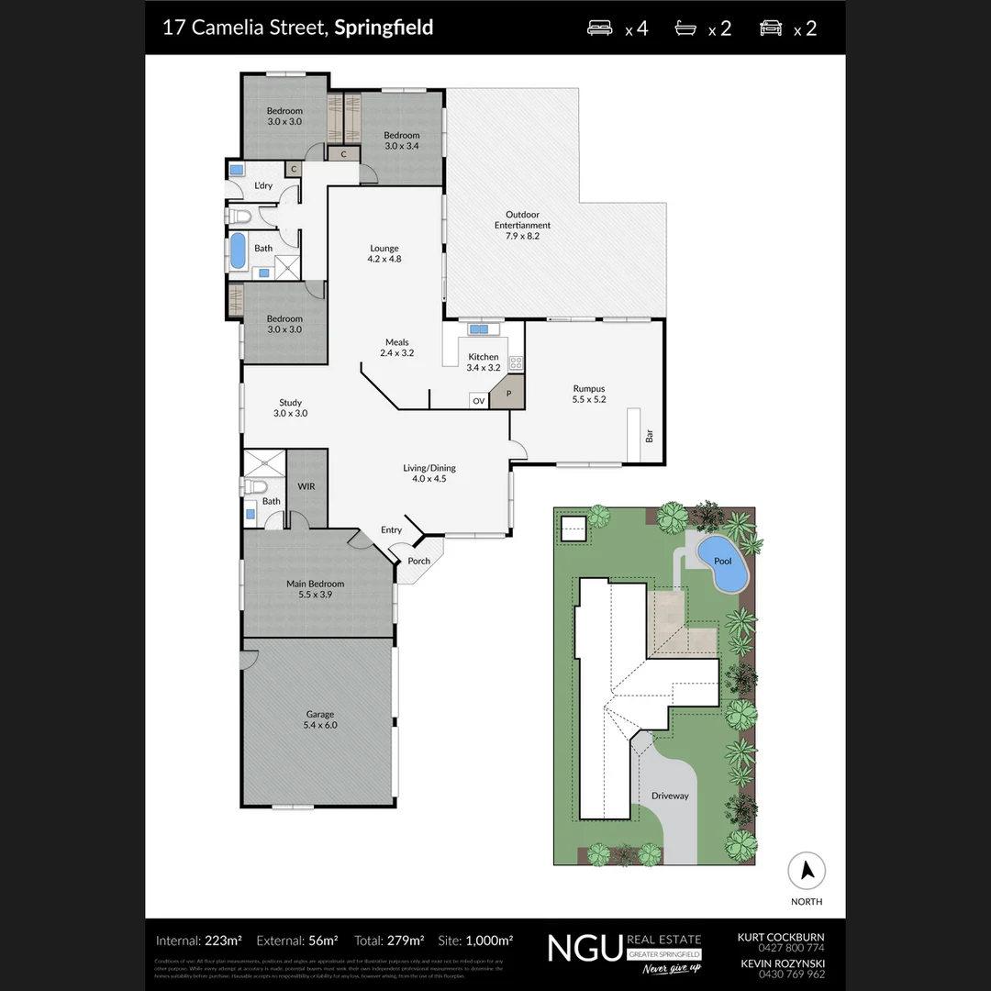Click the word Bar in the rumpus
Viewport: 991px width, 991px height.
pos(650,437)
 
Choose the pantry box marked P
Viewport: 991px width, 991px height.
pos(507,394)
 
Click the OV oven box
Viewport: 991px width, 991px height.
pos(478,401)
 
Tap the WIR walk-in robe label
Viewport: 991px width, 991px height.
pos(306,486)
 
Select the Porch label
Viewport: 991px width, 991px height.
pos(418,561)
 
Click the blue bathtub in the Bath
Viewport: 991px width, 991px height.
pos(238,251)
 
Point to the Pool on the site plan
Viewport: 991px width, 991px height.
pos(723,562)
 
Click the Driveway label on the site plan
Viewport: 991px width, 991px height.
pos(670,796)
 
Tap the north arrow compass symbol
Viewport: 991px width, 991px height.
pos(807,871)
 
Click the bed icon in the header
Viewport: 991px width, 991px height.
pos(600,28)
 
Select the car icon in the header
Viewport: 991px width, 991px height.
pos(771,28)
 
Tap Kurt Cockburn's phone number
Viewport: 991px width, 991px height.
pos(791,948)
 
